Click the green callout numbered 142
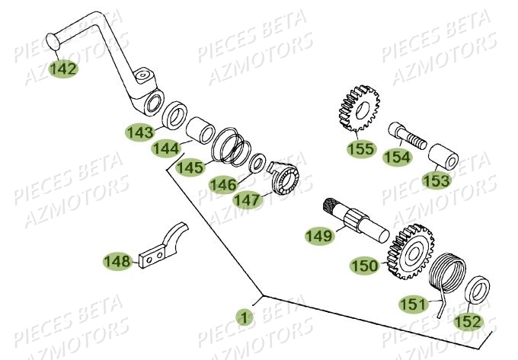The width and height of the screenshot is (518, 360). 63,68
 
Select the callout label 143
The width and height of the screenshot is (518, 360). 140,132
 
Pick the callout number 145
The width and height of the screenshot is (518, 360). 190,167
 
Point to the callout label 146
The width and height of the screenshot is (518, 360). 222,183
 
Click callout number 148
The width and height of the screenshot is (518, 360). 117,262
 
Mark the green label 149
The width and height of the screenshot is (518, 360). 319,236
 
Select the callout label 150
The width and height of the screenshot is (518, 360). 364,266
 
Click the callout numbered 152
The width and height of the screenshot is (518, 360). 468,321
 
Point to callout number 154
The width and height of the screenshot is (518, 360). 397,158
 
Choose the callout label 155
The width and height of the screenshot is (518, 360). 361,148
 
